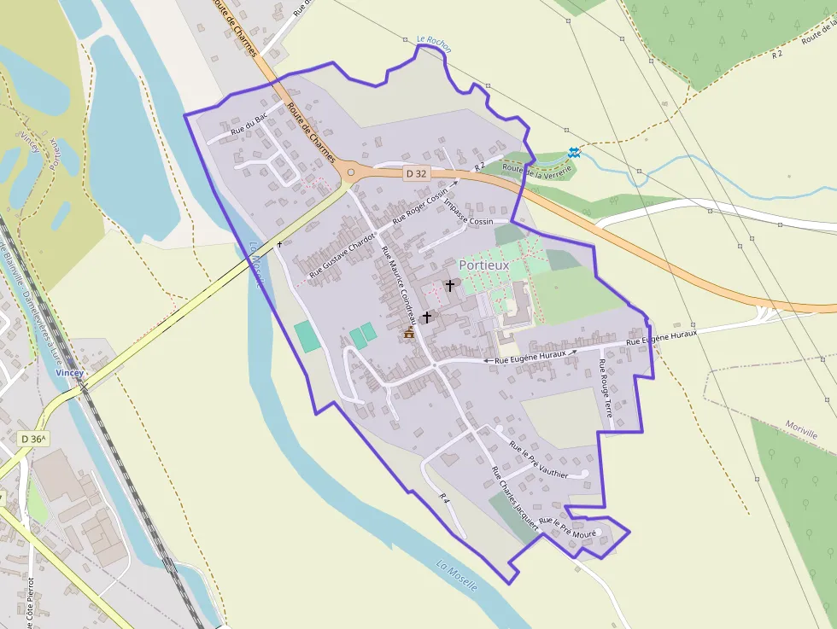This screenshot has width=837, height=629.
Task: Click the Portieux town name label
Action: tap(483, 265)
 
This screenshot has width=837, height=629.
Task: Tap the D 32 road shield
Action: tap(416, 173)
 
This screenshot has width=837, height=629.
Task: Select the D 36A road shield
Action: tap(33, 439)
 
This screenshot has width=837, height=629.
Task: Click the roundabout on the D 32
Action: tap(351, 172)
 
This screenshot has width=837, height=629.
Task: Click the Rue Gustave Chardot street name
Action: tap(342, 256)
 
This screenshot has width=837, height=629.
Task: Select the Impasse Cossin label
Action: tap(469, 221)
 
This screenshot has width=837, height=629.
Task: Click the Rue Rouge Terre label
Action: tap(606, 387)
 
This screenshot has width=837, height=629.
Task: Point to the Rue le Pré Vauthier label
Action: tap(538, 461)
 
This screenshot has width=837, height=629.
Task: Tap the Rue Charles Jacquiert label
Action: tap(514, 498)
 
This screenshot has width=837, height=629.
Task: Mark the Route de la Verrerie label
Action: tap(536, 171)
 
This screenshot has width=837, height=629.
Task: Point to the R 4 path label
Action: tap(444, 498)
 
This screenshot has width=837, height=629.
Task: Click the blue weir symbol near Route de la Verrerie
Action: tap(574, 153)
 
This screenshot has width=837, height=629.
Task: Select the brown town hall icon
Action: tap(409, 333)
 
